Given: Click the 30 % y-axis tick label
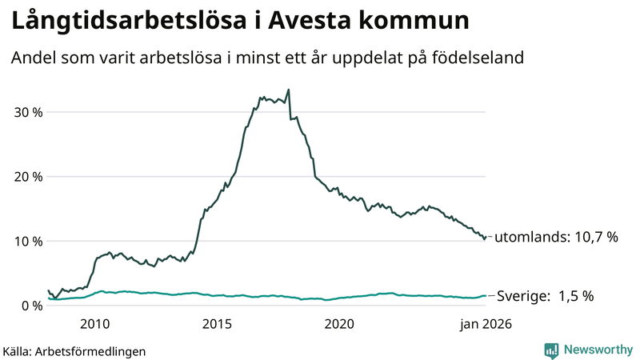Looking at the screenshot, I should click(x=26, y=112).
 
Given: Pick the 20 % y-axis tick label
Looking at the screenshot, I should click(x=26, y=177).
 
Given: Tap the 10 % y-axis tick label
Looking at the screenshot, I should click(x=26, y=242).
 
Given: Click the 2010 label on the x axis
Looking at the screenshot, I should click(x=95, y=324).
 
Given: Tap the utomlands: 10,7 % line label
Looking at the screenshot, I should click(x=556, y=238).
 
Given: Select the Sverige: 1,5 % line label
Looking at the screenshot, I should click(x=546, y=296).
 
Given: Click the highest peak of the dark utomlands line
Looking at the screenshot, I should click(x=288, y=90).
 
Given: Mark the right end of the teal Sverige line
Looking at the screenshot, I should click(x=486, y=296).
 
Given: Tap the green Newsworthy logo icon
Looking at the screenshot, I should click(x=551, y=350).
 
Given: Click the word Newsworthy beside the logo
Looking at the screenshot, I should click(x=597, y=350).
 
